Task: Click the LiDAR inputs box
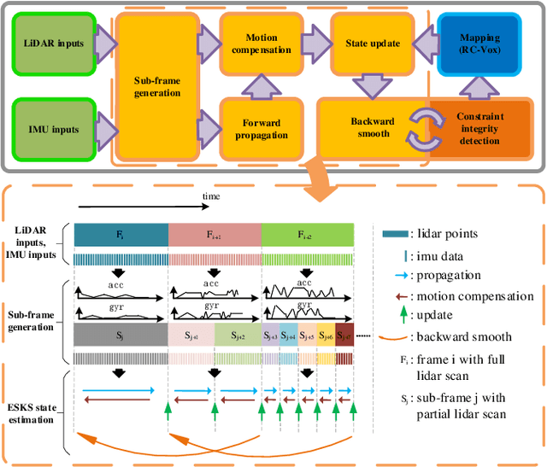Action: point(52,43)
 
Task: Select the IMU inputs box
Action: point(52,129)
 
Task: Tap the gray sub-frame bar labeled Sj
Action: point(121,335)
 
